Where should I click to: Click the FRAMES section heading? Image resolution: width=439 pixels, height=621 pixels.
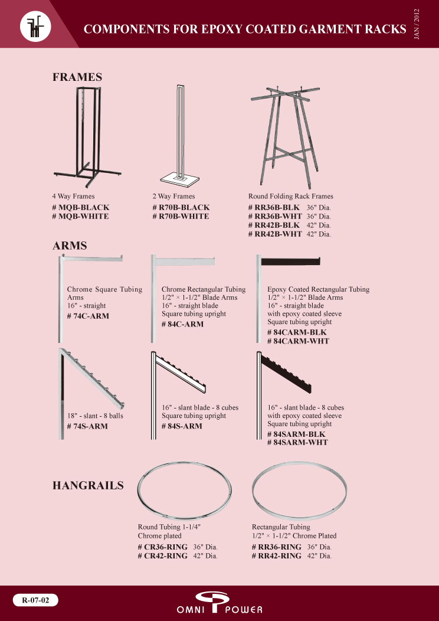[77, 77]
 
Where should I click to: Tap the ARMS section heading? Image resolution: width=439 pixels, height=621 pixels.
[70, 246]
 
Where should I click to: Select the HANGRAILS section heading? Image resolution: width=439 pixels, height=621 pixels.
[88, 485]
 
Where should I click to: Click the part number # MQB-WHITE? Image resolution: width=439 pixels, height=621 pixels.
[80, 216]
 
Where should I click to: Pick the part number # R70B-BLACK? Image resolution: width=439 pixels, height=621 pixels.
[181, 207]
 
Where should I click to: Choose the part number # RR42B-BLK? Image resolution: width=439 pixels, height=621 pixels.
[274, 225]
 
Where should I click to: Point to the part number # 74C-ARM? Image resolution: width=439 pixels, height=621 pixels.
[88, 316]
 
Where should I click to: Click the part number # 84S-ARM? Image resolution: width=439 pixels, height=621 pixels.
[182, 426]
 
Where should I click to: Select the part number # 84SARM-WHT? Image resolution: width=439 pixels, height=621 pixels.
[297, 442]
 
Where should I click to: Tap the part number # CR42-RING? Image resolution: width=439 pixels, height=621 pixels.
[163, 555]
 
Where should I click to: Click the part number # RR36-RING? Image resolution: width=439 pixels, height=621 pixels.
[277, 547]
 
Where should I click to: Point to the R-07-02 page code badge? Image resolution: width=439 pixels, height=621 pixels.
[35, 600]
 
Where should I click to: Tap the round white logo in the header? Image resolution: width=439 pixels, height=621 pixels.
[35, 27]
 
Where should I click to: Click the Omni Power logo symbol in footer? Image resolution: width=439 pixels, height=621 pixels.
[214, 600]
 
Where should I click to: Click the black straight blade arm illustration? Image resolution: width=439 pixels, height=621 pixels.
[290, 262]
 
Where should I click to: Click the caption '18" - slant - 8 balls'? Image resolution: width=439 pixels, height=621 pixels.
[95, 416]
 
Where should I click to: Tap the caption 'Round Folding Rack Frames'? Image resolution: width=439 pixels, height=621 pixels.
[291, 197]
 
